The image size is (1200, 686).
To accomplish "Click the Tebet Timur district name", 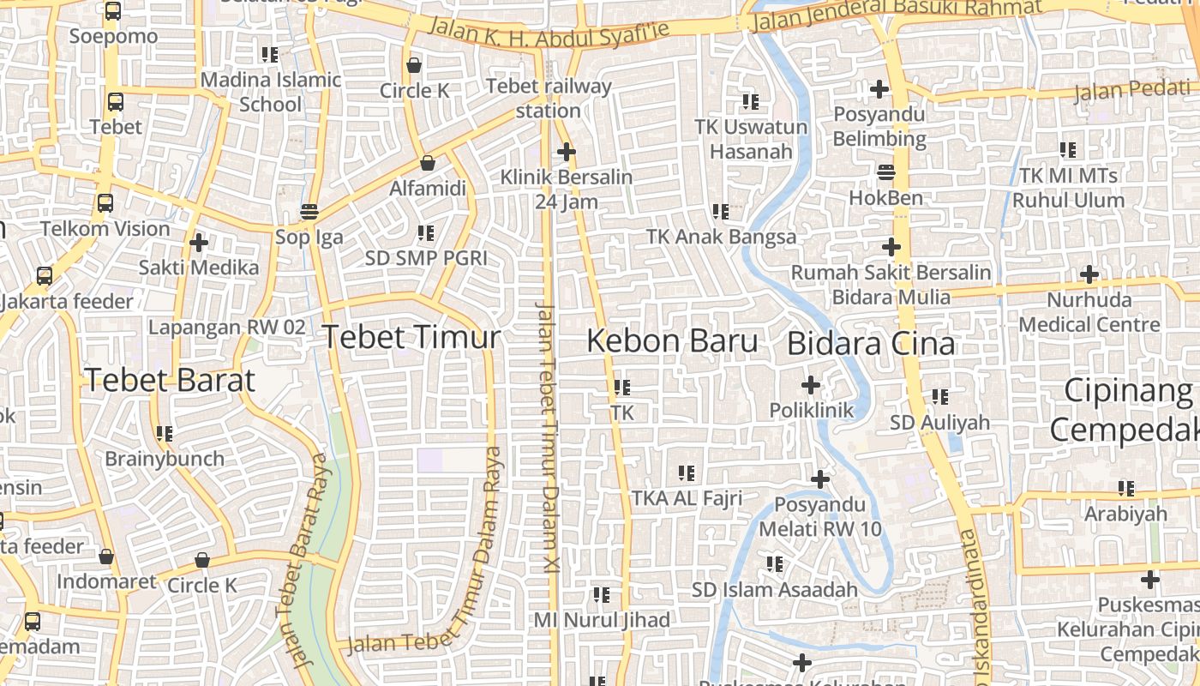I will pyautogui.click(x=411, y=337).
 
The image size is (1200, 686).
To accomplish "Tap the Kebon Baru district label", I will pyautogui.click(x=672, y=341).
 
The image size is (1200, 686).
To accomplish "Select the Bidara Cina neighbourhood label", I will pyautogui.click(x=870, y=344).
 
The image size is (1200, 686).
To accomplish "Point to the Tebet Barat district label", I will pyautogui.click(x=170, y=381).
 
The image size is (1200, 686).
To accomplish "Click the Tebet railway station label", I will pyautogui.click(x=549, y=98).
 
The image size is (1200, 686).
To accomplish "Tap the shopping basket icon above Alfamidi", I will pyautogui.click(x=427, y=162).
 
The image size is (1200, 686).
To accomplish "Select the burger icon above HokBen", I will pyautogui.click(x=885, y=172).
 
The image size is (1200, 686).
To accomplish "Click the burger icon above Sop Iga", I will pyautogui.click(x=309, y=211).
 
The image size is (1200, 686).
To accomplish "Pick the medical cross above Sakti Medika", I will pyautogui.click(x=199, y=242).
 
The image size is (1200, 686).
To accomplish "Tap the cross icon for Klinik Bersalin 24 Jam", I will pyautogui.click(x=566, y=152).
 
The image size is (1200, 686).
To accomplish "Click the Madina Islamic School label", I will pyautogui.click(x=271, y=92).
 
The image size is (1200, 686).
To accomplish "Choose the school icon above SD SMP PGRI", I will pyautogui.click(x=425, y=232).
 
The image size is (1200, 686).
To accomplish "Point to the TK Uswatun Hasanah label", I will pyautogui.click(x=751, y=139).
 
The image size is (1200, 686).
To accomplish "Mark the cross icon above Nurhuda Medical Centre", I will pyautogui.click(x=1089, y=274).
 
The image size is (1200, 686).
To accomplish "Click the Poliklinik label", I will pyautogui.click(x=811, y=411).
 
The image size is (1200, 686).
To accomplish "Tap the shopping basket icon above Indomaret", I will pyautogui.click(x=106, y=557).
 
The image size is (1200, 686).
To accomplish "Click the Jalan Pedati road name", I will pyautogui.click(x=1131, y=89).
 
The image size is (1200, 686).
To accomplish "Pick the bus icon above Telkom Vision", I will pyautogui.click(x=105, y=203).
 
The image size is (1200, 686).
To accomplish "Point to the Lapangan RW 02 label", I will pyautogui.click(x=226, y=327).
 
